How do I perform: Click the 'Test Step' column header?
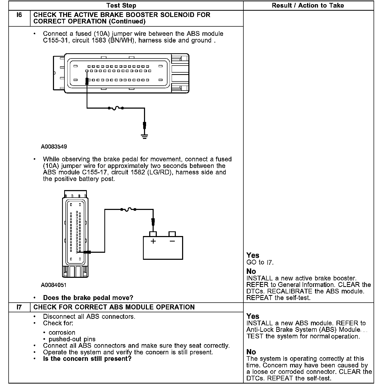(121, 5)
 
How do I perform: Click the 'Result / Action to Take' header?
(308, 5)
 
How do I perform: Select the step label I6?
(19, 15)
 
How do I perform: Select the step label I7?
(19, 307)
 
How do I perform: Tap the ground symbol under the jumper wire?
(144, 136)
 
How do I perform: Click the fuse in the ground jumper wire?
(116, 108)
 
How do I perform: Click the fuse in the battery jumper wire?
(128, 209)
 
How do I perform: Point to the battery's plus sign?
(153, 241)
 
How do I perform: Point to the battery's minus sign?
(172, 241)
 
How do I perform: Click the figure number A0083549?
(54, 147)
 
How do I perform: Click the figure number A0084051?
(54, 285)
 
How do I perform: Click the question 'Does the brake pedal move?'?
(88, 298)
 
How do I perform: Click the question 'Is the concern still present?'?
(87, 359)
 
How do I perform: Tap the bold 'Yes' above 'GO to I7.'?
(253, 255)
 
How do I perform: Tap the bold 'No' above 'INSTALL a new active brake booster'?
(251, 272)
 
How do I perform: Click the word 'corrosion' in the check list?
(62, 333)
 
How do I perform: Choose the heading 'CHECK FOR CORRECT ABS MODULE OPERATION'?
(114, 307)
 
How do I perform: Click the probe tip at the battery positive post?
(153, 223)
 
